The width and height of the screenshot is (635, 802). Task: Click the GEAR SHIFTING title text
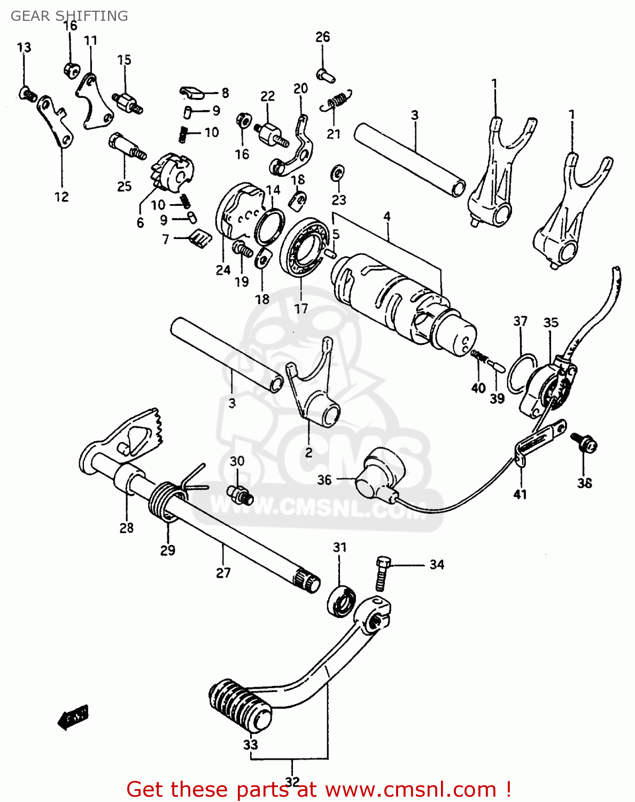(x=69, y=16)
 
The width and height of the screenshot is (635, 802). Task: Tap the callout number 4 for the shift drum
(x=386, y=217)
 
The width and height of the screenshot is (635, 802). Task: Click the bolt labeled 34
(x=382, y=573)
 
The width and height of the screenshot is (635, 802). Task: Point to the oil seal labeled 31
(x=342, y=601)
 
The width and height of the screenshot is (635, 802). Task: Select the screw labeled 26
(x=324, y=75)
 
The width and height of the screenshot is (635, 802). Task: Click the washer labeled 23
(x=338, y=173)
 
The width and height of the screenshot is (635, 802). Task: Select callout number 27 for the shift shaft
(x=223, y=573)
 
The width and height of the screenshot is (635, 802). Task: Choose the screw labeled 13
(x=27, y=94)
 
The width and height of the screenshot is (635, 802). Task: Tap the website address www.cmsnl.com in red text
(x=411, y=790)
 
